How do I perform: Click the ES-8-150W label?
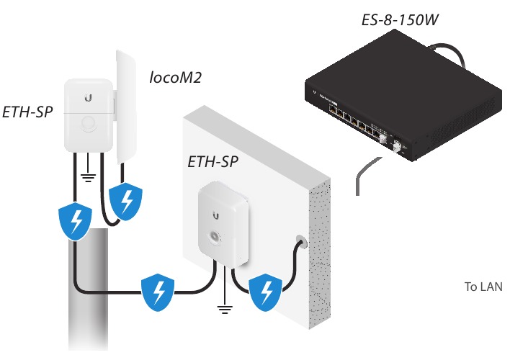pyautogui.click(x=401, y=17)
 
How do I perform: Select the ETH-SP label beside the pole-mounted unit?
pyautogui.click(x=27, y=113)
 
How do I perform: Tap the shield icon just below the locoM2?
pyautogui.click(x=126, y=202)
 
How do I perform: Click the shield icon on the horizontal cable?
pyautogui.click(x=159, y=292)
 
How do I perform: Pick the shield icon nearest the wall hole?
pyautogui.click(x=266, y=292)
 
